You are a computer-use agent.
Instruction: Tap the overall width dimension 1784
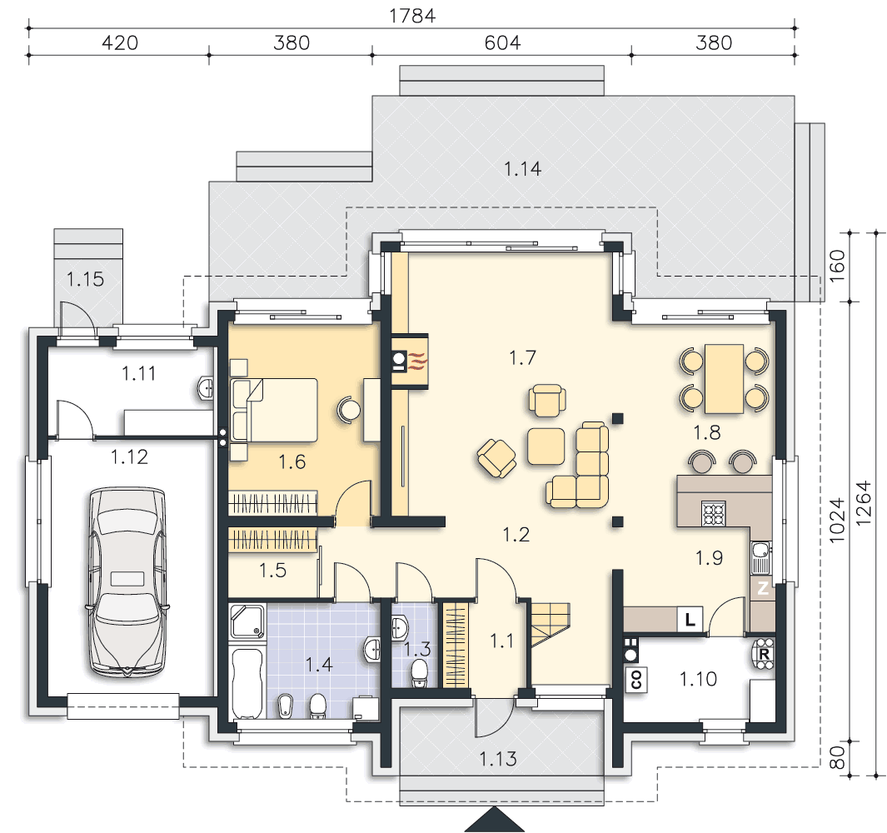pos(412,15)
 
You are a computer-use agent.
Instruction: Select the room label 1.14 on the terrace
pos(522,168)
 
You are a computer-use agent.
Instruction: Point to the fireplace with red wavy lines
pos(410,361)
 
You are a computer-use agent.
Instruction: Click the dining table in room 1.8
pos(724,378)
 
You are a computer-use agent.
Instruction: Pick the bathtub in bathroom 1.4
pos(247,683)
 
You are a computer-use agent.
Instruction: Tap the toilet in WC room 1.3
pos(419,673)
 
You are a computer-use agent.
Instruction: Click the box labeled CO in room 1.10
pos(636,680)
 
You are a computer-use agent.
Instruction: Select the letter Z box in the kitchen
pos(763,588)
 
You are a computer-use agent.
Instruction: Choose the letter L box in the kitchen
pos(690,620)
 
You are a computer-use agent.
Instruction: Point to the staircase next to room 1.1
pos(550,625)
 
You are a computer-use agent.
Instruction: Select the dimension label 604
pos(502,43)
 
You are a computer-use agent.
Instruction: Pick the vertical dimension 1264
pos(863,504)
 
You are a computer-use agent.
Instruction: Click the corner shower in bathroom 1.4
pos(247,622)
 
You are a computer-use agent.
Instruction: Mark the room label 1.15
pos(86,279)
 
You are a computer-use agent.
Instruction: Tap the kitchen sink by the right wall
pos(761,556)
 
